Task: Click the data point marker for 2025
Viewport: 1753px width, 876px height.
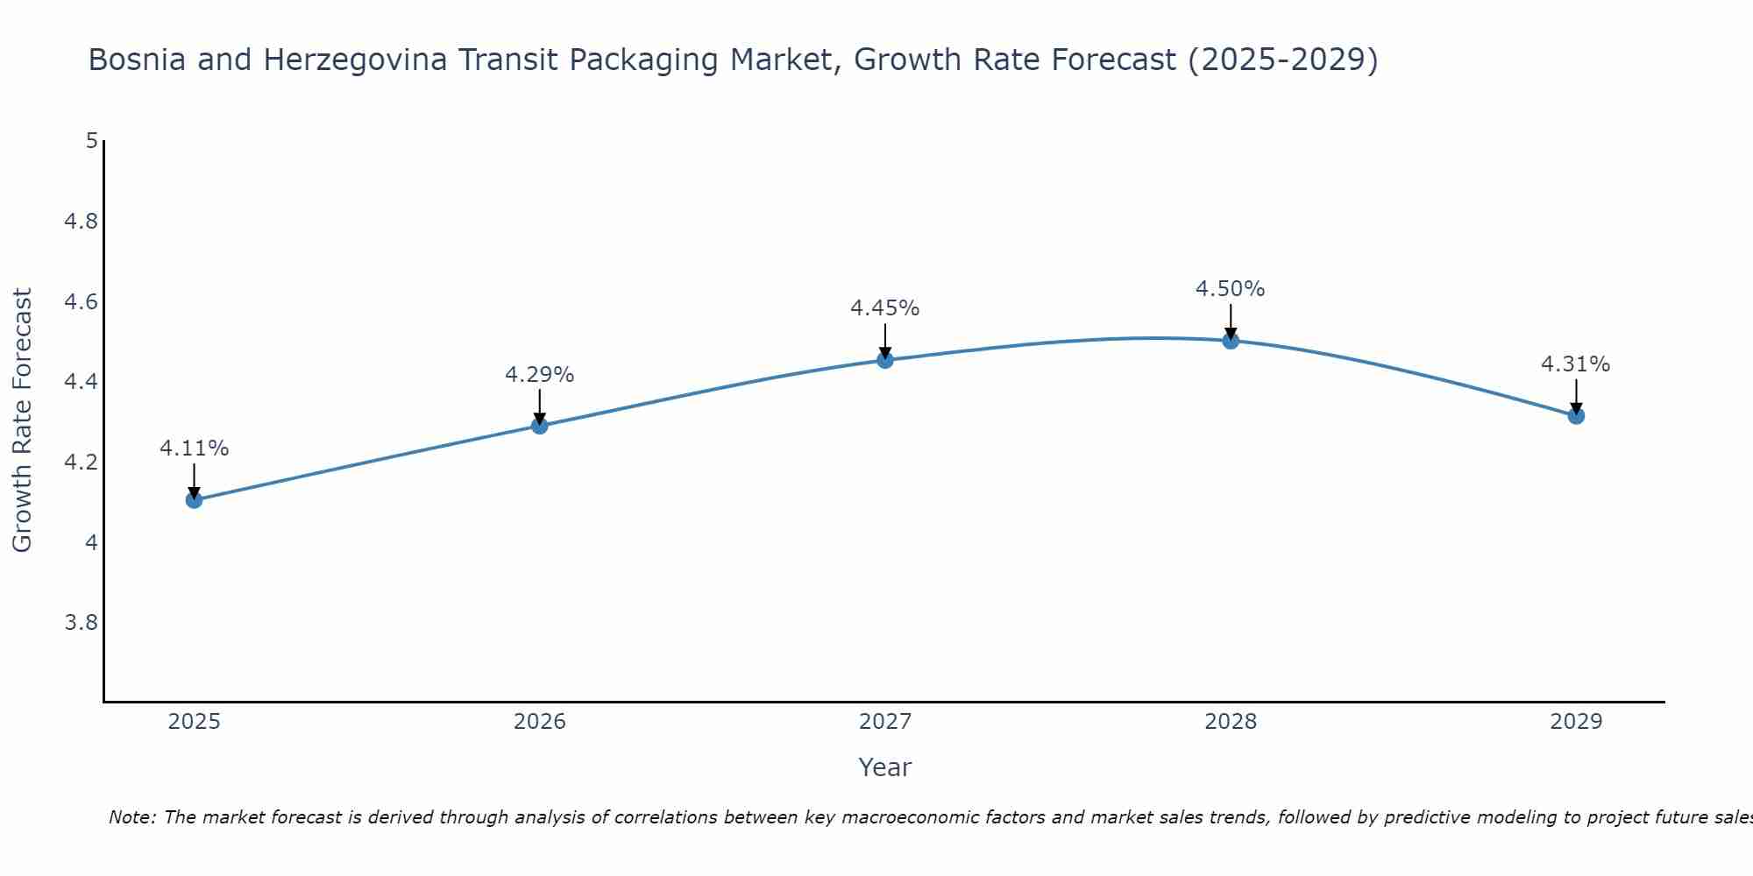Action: point(194,500)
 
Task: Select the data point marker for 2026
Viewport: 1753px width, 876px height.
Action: point(540,426)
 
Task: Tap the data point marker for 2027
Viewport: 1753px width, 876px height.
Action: point(885,360)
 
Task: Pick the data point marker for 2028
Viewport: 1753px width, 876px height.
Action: point(1231,341)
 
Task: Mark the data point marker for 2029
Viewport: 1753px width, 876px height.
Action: point(1576,416)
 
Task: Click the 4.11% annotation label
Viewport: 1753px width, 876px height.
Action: point(194,449)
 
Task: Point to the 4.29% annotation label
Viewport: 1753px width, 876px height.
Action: point(540,375)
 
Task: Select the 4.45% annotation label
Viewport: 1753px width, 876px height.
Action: point(885,308)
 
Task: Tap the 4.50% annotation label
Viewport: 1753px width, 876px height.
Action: point(1231,289)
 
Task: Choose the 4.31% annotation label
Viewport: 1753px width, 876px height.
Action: point(1576,364)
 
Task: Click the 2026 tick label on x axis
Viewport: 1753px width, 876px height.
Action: point(540,722)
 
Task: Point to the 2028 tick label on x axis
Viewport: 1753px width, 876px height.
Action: point(1231,722)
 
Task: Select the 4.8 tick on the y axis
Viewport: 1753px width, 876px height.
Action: point(81,222)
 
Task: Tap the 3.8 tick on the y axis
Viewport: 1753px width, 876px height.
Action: point(81,623)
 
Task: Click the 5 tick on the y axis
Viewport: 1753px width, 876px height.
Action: point(91,141)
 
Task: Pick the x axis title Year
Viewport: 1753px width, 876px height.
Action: point(885,767)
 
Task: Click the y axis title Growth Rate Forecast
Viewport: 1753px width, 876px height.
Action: point(22,420)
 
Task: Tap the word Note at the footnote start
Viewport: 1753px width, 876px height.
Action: point(131,817)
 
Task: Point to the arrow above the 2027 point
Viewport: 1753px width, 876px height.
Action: point(885,342)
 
